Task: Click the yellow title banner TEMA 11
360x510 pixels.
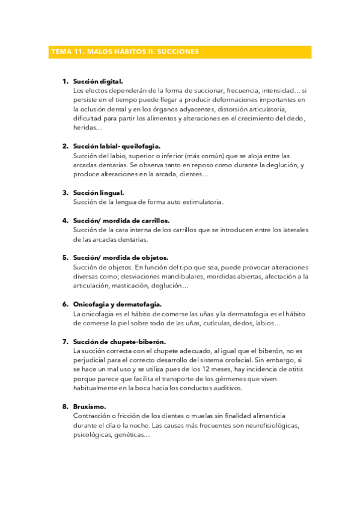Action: coord(180,52)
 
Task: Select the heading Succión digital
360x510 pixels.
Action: coord(99,81)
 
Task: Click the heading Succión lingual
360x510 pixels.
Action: coord(99,192)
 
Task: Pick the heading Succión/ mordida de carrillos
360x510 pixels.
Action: coord(121,220)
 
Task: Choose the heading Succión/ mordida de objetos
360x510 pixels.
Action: coord(120,257)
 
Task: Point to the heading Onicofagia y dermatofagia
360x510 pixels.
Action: coord(117,304)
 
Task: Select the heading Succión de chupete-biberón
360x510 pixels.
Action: coord(120,342)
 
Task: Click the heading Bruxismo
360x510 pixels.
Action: coord(90,407)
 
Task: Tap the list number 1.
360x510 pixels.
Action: coord(65,81)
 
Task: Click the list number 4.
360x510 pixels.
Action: coord(65,220)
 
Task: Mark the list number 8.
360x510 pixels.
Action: coord(65,407)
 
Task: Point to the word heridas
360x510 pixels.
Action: coord(86,127)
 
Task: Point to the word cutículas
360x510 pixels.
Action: coord(215,323)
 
